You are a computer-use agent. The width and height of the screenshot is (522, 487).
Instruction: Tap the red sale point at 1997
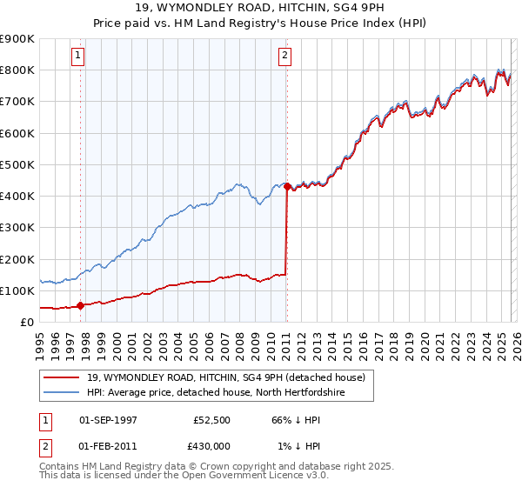(81, 305)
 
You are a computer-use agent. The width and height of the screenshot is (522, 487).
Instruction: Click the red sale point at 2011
(287, 186)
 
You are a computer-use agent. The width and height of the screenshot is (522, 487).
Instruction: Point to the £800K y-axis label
(17, 70)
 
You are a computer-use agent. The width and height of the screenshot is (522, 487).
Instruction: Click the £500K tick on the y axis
(17, 164)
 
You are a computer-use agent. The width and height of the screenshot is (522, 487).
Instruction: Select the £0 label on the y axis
(26, 322)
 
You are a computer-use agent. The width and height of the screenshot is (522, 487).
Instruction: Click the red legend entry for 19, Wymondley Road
(231, 377)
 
